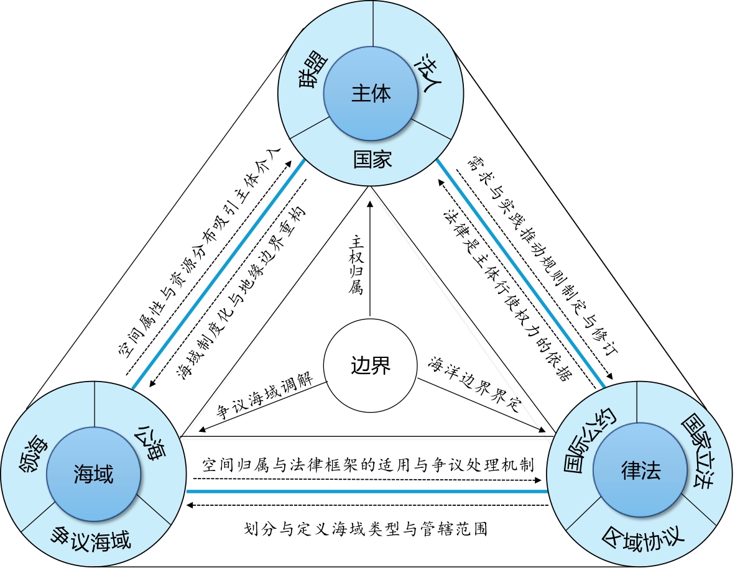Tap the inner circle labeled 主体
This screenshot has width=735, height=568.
tap(371, 94)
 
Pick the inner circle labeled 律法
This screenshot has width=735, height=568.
tap(640, 471)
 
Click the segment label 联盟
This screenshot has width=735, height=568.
tap(309, 76)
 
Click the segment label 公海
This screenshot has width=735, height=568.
tap(150, 442)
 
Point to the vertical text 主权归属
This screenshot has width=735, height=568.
tap(356, 265)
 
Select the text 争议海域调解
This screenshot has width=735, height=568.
tap(264, 400)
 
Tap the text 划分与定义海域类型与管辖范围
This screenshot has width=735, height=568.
tap(366, 529)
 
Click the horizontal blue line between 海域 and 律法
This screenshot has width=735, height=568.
tap(367, 492)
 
